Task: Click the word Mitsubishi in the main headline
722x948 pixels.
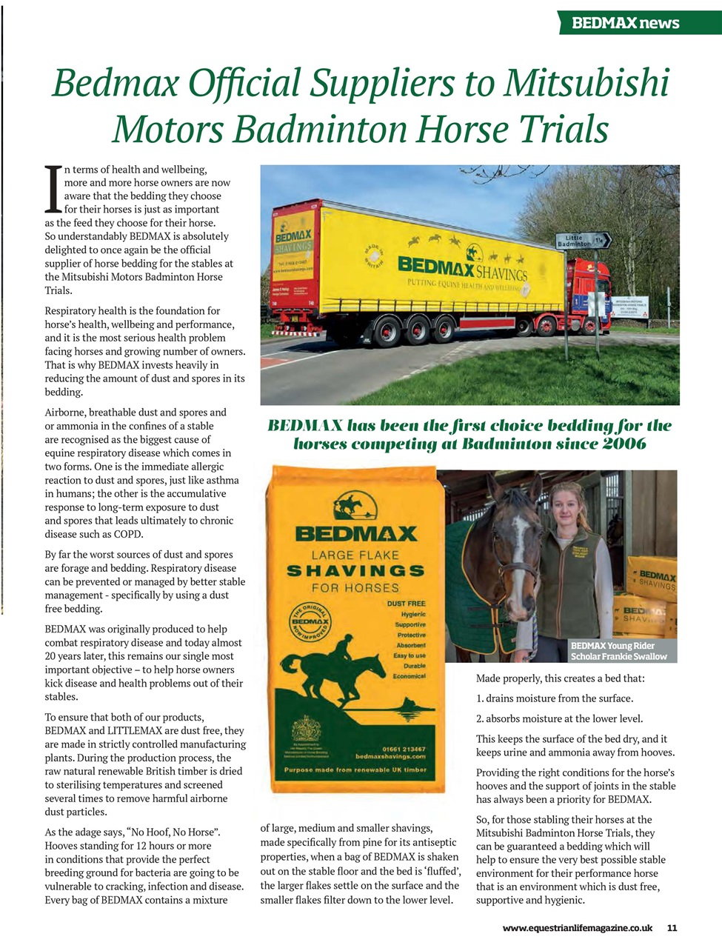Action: point(586,83)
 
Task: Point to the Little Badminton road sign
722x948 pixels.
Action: point(583,240)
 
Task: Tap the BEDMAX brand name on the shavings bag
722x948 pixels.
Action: point(355,533)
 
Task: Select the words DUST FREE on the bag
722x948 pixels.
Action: point(406,604)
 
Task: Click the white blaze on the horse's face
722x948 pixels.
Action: point(519,541)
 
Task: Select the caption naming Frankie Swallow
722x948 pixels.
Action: point(618,651)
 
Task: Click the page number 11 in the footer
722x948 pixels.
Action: point(672,928)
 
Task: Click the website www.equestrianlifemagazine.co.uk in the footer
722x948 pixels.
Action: point(577,928)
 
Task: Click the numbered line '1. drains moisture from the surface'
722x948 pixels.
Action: point(554,698)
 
